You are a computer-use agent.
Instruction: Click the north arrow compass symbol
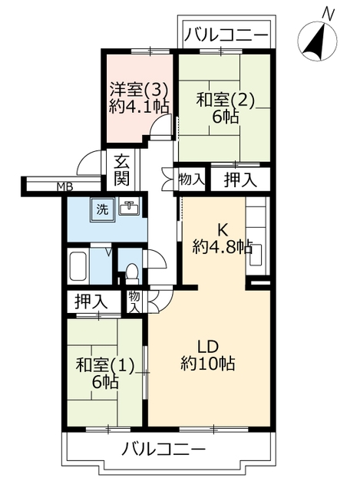317,41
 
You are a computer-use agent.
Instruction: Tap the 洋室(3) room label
140,91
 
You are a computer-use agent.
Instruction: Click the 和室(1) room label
105,365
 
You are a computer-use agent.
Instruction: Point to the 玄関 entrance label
121,171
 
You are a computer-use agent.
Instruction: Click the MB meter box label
64,187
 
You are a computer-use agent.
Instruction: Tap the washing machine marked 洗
103,209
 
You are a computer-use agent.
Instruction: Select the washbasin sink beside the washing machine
130,206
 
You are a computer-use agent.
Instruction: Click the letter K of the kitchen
222,231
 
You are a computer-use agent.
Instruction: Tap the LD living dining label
207,346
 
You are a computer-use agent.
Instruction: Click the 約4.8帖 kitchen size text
223,247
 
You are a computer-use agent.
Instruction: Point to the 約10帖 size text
207,363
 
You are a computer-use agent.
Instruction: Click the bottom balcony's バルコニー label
163,450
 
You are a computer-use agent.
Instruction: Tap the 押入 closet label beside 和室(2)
240,180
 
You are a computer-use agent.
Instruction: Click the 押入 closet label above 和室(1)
91,302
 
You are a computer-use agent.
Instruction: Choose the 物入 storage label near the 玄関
192,180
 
